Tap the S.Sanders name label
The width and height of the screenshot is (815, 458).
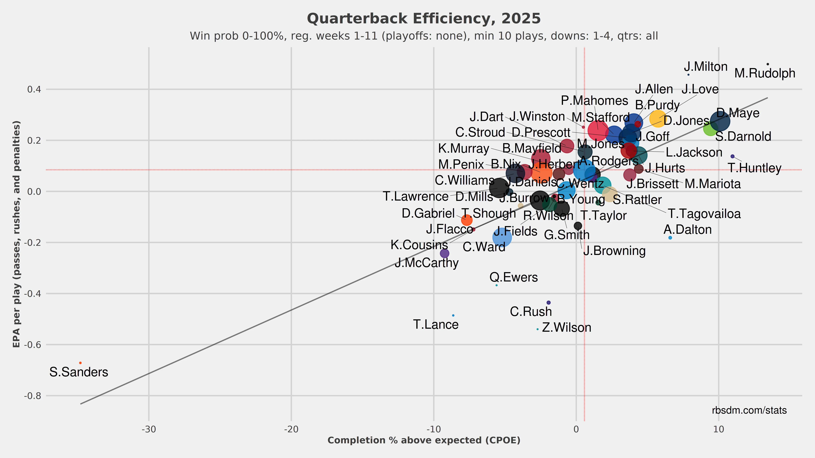(x=79, y=372)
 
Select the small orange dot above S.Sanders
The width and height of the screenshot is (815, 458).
(x=80, y=363)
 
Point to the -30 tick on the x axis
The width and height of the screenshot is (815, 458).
(x=149, y=430)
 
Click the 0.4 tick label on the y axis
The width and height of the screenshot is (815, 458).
(x=34, y=89)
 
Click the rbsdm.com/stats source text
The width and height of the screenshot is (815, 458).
(x=749, y=410)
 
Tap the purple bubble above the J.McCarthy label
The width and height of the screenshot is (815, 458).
(x=445, y=253)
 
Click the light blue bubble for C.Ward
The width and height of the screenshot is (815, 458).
(x=502, y=237)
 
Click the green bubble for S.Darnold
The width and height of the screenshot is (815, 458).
(x=711, y=128)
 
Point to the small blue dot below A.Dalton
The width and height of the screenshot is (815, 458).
(x=670, y=238)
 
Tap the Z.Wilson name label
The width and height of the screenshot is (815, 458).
(x=566, y=328)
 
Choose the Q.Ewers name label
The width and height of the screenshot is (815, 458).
(x=514, y=277)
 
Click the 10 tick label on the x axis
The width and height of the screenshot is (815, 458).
(x=718, y=430)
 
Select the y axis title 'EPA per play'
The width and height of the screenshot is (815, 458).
(x=17, y=234)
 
